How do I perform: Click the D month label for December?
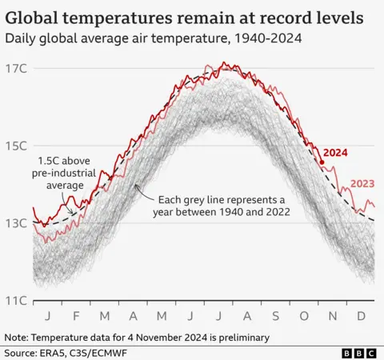tap(362, 315)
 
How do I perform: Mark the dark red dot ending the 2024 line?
tap(322, 162)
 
